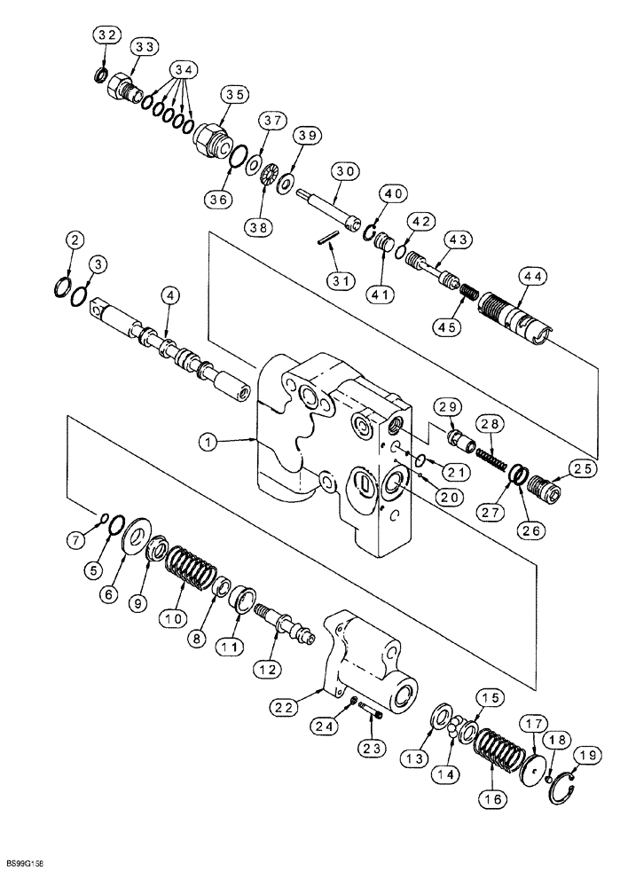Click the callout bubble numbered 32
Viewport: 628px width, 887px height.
(x=106, y=35)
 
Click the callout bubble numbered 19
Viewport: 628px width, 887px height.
(x=583, y=755)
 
